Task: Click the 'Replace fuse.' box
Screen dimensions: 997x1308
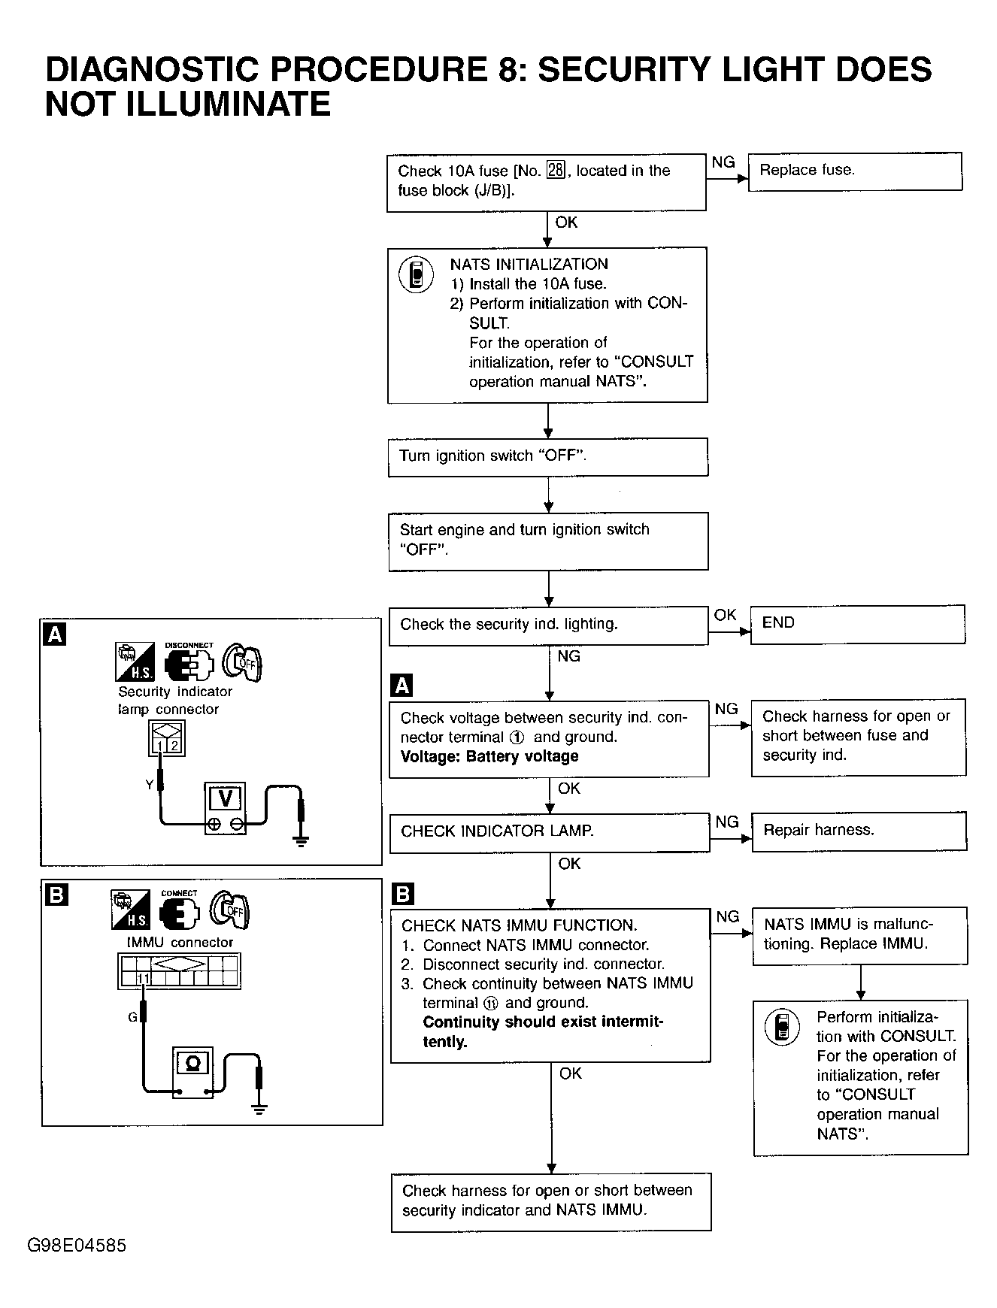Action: point(855,171)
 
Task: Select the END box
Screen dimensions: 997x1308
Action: point(858,624)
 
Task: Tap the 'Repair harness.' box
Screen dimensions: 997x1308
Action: point(859,831)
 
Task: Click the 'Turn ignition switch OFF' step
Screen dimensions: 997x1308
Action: point(548,457)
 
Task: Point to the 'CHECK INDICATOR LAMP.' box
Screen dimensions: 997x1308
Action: point(550,832)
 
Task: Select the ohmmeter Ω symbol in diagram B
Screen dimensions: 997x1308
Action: point(192,1063)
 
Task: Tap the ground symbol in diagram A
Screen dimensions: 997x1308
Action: point(301,840)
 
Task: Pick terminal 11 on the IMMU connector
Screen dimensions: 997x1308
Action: point(144,978)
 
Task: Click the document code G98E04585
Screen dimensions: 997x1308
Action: point(77,1246)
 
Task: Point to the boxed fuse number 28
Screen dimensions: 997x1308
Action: point(556,171)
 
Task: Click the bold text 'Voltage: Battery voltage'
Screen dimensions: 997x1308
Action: point(489,757)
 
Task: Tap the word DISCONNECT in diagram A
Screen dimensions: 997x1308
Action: point(189,645)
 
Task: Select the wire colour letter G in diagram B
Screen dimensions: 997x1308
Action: point(132,1017)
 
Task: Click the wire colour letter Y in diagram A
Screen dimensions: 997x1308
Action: point(150,785)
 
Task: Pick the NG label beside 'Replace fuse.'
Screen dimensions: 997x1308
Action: point(723,162)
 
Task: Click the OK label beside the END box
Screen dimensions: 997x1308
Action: point(725,615)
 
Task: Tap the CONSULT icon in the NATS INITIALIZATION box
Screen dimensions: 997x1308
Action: point(416,274)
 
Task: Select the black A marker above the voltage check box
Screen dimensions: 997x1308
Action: point(402,686)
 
